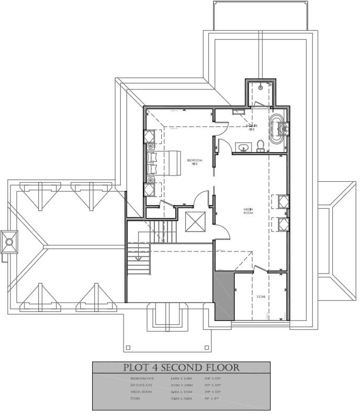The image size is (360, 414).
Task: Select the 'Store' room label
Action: [x=261, y=297]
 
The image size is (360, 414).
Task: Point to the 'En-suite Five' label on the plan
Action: [x=252, y=125]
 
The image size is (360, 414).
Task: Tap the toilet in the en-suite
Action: [x=260, y=145]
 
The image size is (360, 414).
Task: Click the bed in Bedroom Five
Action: [x=165, y=163]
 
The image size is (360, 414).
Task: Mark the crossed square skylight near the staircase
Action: [x=196, y=222]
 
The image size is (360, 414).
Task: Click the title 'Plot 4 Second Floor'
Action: [x=181, y=367]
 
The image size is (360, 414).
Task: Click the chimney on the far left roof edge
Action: [x=9, y=241]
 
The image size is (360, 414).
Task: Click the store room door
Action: [x=258, y=270]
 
